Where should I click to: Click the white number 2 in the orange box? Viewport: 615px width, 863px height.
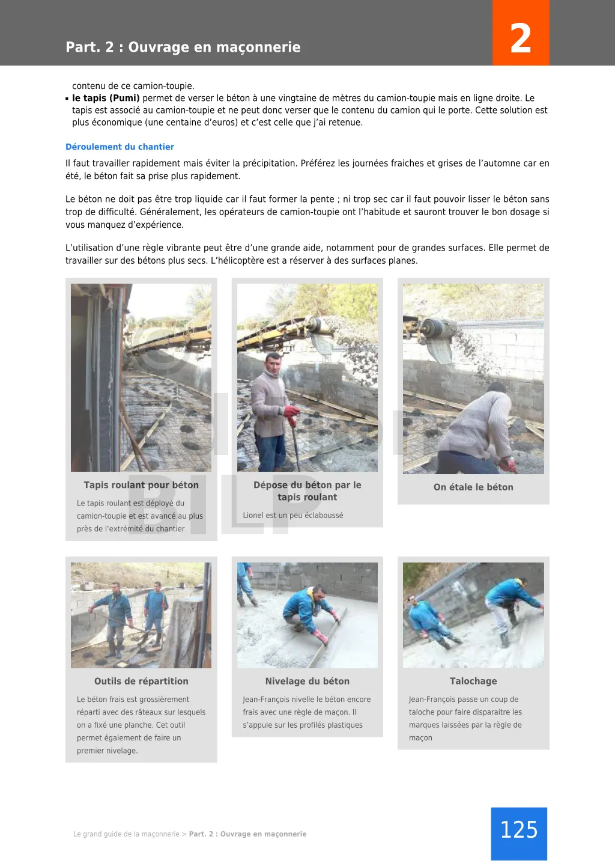tap(520, 38)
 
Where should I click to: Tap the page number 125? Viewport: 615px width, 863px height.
tap(519, 830)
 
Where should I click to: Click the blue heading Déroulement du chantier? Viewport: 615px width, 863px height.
tap(120, 147)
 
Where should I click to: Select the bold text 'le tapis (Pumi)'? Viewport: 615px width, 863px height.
tap(106, 98)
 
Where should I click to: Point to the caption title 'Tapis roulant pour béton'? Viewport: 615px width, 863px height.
tap(141, 485)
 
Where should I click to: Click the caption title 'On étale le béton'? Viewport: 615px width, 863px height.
tap(473, 487)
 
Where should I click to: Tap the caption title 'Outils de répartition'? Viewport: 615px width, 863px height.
tap(141, 681)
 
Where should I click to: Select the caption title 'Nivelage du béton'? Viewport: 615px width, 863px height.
tap(307, 681)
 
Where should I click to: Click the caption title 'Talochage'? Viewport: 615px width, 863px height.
tap(473, 681)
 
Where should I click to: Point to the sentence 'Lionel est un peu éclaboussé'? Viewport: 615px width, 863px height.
tap(293, 516)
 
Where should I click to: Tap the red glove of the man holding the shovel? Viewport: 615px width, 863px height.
tap(291, 414)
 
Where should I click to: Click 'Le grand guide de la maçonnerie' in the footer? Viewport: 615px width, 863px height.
tap(126, 834)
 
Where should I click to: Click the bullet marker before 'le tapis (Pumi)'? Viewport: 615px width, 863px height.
tap(67, 99)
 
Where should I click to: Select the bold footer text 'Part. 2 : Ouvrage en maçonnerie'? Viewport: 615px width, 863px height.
tap(247, 834)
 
